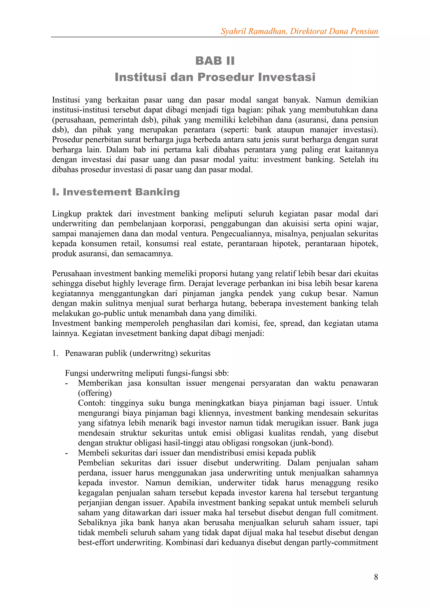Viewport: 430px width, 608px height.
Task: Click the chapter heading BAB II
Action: click(215, 61)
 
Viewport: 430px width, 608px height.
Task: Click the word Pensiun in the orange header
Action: click(364, 31)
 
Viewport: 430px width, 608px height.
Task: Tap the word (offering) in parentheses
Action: click(94, 393)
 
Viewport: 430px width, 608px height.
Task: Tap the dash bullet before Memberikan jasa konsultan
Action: click(67, 383)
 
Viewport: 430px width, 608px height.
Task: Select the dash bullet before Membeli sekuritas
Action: click(67, 453)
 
